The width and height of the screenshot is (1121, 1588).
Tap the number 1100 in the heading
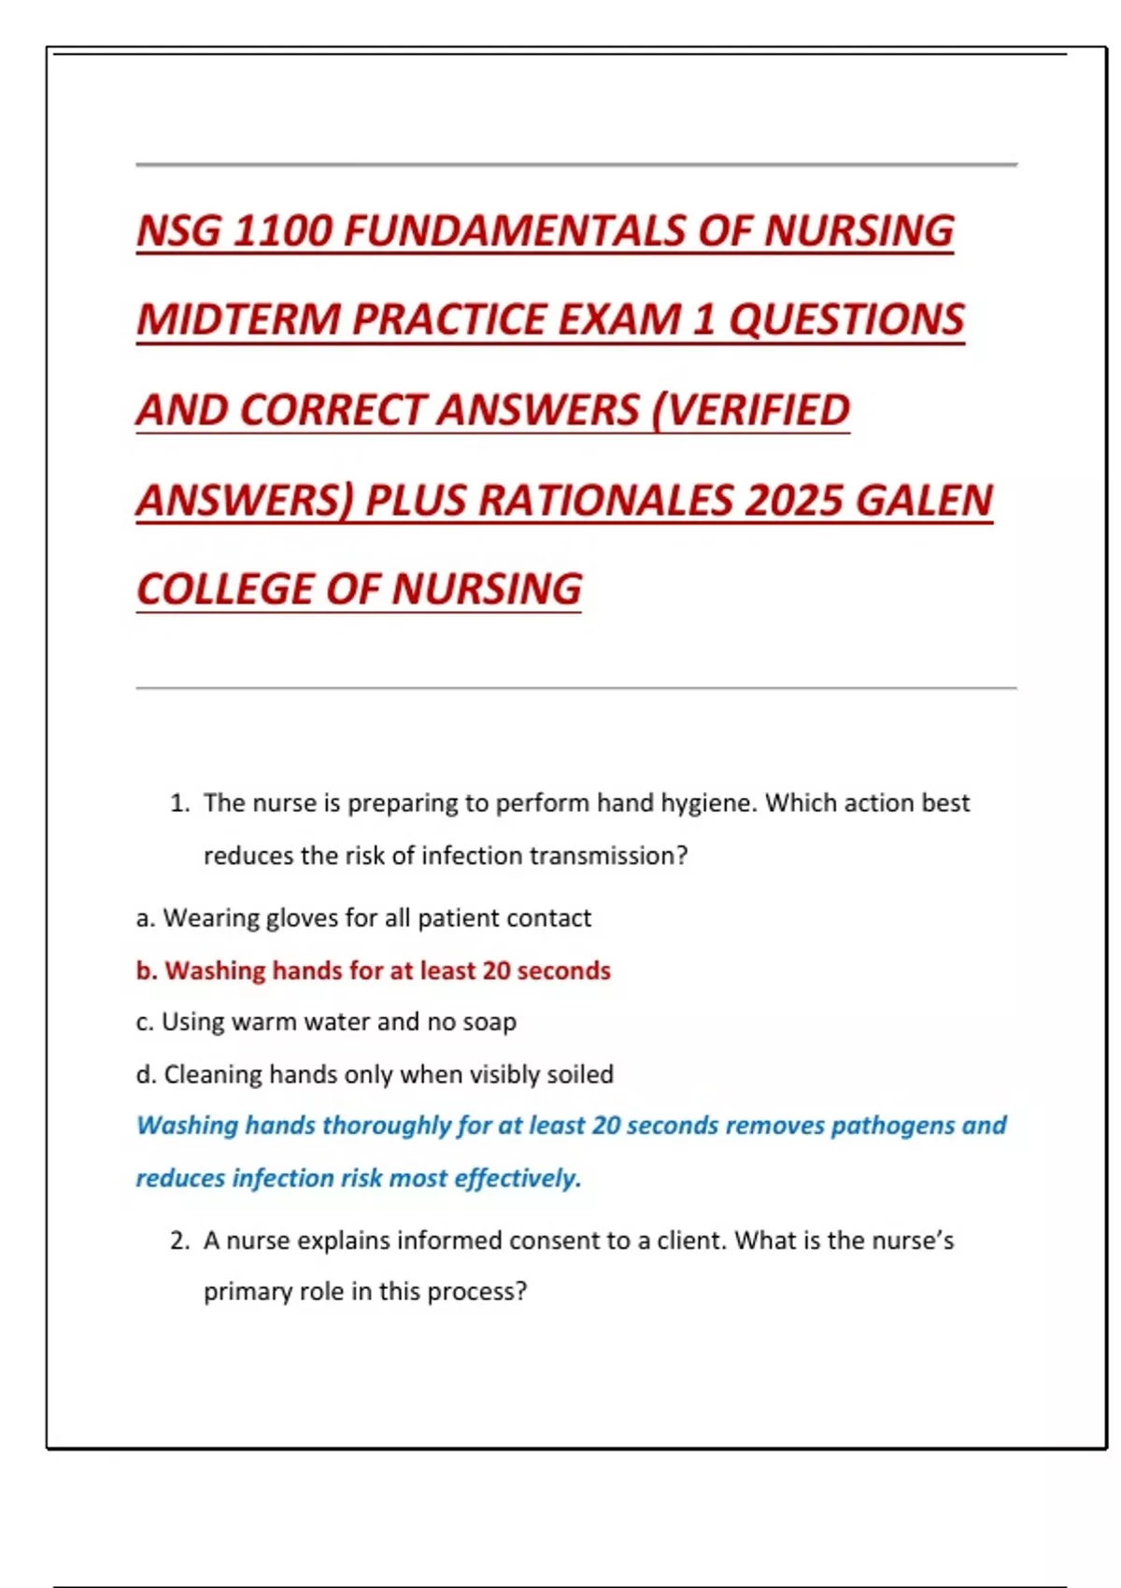coord(282,231)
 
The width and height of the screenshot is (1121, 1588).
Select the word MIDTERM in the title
coord(238,319)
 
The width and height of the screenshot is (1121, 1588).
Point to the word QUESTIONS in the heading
coord(846,319)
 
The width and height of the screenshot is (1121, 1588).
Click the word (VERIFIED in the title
coord(750,410)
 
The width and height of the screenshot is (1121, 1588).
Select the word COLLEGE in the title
coord(224,589)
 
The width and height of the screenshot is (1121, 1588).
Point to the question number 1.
coord(179,803)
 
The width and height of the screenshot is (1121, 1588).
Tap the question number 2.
coord(179,1241)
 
